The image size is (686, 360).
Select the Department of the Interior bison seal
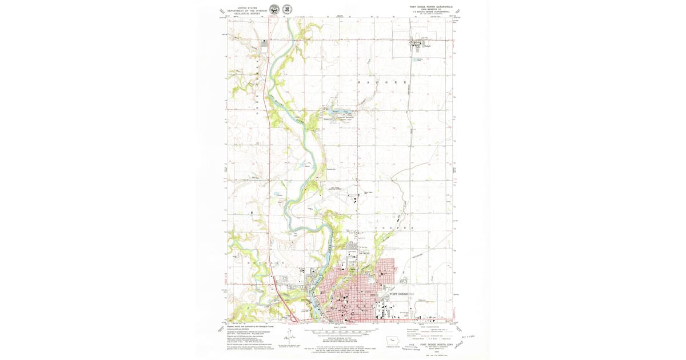point(274,9)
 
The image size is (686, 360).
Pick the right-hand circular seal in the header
point(286,9)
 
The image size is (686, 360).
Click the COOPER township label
point(393,228)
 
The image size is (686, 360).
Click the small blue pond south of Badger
point(419,61)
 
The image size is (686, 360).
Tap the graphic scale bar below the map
point(341,330)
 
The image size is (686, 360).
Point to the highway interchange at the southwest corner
point(293,317)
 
